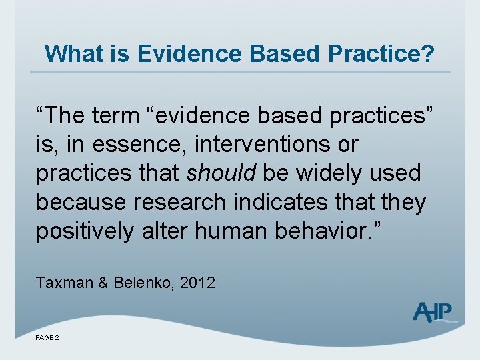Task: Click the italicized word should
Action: (x=221, y=173)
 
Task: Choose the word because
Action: (x=81, y=202)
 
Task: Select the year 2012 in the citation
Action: (x=197, y=283)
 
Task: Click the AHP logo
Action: (x=433, y=312)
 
